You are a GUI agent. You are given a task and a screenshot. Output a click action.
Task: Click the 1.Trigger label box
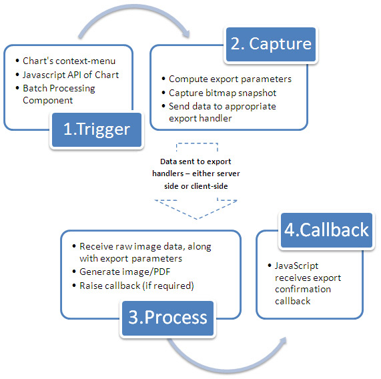click(97, 129)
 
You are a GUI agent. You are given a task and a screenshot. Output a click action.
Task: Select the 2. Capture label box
click(271, 44)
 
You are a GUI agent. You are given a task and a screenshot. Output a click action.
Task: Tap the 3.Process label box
click(167, 318)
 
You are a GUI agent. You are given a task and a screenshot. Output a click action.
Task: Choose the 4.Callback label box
click(326, 230)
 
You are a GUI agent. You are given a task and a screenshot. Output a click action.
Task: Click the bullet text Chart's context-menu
click(69, 61)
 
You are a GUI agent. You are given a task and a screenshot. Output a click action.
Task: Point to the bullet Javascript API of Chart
click(71, 75)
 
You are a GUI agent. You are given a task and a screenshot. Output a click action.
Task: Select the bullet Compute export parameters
click(230, 79)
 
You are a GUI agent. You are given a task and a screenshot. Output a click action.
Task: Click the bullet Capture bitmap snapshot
click(223, 93)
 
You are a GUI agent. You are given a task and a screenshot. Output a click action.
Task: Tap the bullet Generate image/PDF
click(125, 272)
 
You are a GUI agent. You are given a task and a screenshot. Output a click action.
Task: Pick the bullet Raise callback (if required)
click(137, 286)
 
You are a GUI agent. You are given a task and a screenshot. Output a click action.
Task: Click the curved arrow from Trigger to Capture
click(133, 7)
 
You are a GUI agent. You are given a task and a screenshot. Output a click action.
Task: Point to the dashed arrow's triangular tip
click(197, 219)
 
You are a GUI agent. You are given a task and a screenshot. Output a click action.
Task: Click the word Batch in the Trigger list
click(35, 88)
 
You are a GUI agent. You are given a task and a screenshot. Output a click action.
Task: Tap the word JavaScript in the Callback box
click(296, 266)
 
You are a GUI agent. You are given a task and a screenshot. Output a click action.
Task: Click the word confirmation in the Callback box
click(303, 289)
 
